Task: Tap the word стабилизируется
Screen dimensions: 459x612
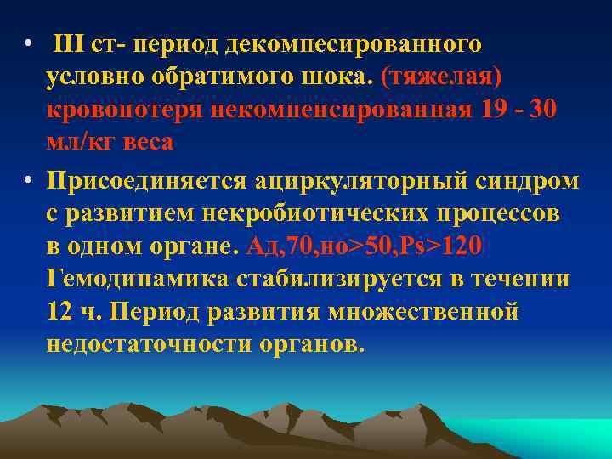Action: [x=340, y=280]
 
